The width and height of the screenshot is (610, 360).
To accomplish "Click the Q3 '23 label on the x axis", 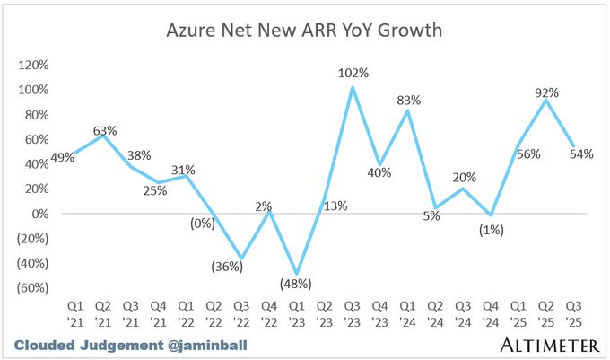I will coord(353,314).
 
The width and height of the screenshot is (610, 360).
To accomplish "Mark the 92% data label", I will coord(546,92).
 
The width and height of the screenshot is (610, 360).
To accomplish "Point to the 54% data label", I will coord(581,154).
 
